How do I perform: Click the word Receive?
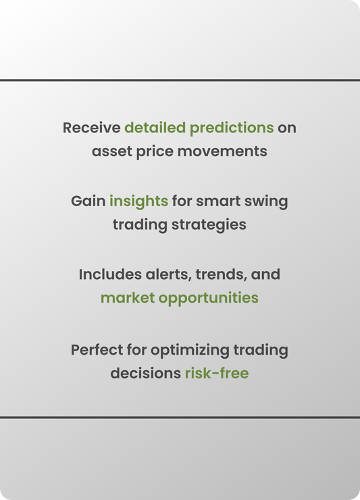click(x=91, y=128)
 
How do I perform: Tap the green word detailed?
click(x=155, y=128)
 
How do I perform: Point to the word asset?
click(x=112, y=151)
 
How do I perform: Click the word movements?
click(x=222, y=151)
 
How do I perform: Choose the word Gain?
click(x=88, y=201)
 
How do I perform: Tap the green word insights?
click(x=138, y=202)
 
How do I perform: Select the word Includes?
click(x=110, y=274)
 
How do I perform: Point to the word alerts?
click(x=168, y=275)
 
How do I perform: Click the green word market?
click(x=128, y=298)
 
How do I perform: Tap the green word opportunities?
click(x=209, y=299)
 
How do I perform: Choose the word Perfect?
click(x=97, y=350)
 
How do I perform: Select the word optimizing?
click(x=190, y=351)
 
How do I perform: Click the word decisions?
click(x=146, y=373)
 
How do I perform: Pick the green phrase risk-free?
click(x=217, y=373)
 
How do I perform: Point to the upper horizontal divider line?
click(x=180, y=80)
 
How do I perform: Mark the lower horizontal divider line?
click(x=180, y=417)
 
